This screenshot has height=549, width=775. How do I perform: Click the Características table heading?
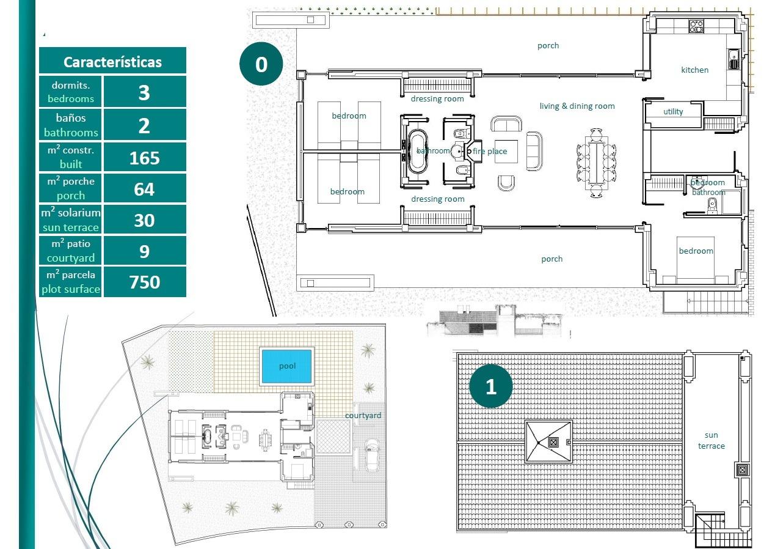(112, 62)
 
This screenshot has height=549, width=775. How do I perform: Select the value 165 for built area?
(144, 158)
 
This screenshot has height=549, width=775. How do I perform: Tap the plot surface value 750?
(144, 282)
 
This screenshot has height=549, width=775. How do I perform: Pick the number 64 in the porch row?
(144, 190)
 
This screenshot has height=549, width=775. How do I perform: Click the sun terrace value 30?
(144, 220)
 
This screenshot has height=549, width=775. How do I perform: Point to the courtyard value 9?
(144, 251)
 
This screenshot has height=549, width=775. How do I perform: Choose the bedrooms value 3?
(144, 92)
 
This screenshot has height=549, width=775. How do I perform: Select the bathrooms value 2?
(144, 125)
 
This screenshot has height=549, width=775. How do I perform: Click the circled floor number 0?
(261, 64)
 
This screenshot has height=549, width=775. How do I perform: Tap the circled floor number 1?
(491, 386)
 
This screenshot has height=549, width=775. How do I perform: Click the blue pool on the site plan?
(287, 366)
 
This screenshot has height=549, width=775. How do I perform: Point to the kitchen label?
(694, 70)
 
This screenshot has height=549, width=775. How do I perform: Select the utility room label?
(673, 112)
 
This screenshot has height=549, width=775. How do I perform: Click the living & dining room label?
(577, 106)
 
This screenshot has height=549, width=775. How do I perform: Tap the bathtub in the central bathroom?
(418, 151)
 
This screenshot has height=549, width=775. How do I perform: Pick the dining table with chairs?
(597, 162)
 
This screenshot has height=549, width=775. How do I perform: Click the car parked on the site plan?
(370, 455)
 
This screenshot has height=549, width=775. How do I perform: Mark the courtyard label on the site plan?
(363, 416)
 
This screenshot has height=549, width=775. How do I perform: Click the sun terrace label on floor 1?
(711, 441)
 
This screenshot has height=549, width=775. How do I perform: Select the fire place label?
(490, 152)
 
